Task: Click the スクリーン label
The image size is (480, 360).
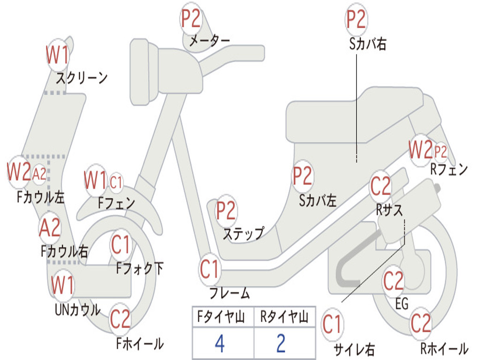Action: (x=82, y=77)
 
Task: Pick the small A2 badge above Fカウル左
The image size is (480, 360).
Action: (x=39, y=174)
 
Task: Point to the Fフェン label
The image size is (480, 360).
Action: (x=116, y=203)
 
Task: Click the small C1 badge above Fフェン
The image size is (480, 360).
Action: (x=116, y=182)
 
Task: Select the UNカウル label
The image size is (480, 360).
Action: (x=77, y=309)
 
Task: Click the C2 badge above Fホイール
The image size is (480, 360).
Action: (x=120, y=320)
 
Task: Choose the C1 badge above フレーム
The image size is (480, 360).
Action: (x=210, y=270)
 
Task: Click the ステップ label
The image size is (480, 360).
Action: (x=243, y=233)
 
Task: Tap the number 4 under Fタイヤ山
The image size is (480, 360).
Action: (x=219, y=344)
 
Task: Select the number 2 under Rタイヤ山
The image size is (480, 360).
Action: (x=281, y=344)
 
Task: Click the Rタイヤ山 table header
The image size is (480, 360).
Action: (x=284, y=318)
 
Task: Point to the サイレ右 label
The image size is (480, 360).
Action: (x=354, y=349)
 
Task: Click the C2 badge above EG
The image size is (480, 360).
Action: (x=393, y=281)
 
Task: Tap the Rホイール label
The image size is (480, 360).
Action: (x=444, y=349)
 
